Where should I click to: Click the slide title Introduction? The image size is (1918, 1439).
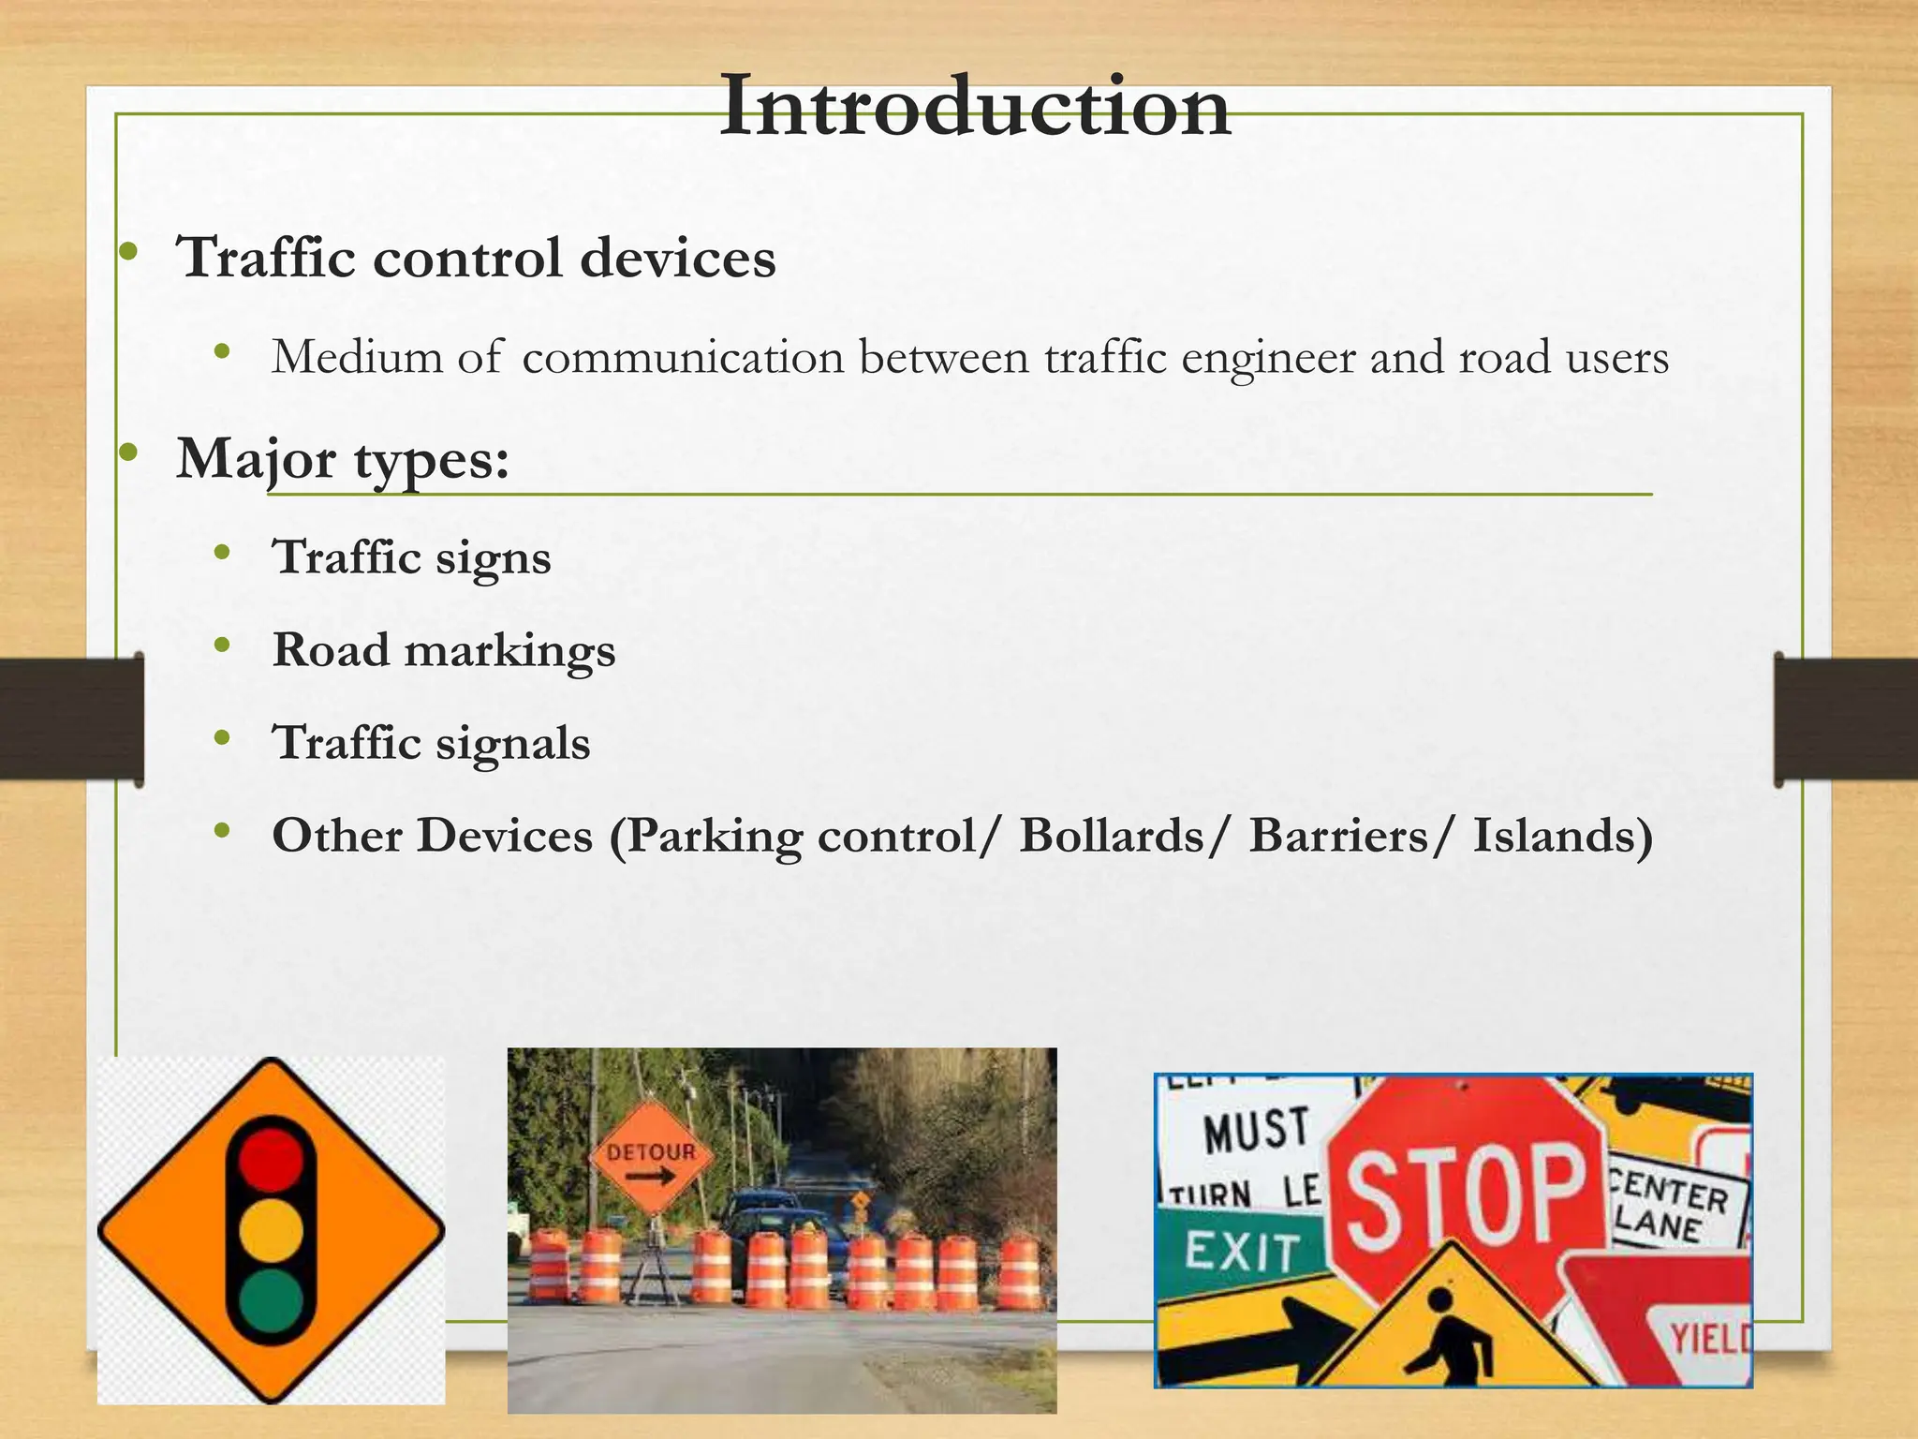pyautogui.click(x=974, y=108)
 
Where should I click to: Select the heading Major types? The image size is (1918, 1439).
pyautogui.click(x=343, y=459)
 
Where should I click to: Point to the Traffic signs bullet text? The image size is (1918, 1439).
pyautogui.click(x=411, y=557)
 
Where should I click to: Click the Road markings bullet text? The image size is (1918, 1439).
pyautogui.click(x=443, y=650)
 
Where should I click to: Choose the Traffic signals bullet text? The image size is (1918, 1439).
pyautogui.click(x=431, y=743)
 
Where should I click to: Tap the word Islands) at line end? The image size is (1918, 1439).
pyautogui.click(x=1562, y=836)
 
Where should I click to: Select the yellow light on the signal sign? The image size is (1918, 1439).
pyautogui.click(x=272, y=1229)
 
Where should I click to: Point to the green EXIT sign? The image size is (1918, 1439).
pyautogui.click(x=1241, y=1251)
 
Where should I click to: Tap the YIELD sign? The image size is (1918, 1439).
pyautogui.click(x=1709, y=1340)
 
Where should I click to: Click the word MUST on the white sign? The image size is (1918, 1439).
pyautogui.click(x=1255, y=1130)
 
